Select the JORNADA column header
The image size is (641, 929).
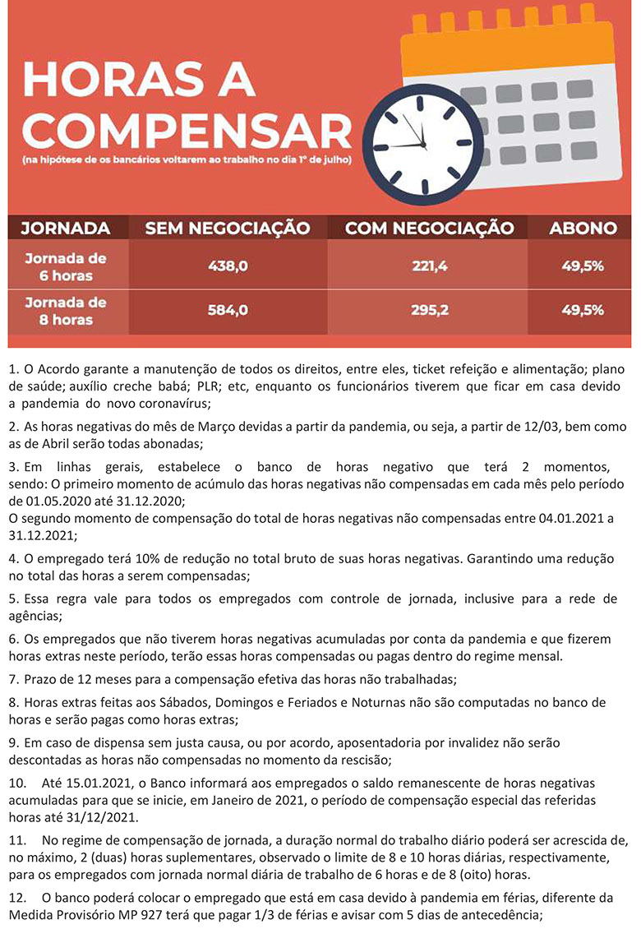pyautogui.click(x=66, y=228)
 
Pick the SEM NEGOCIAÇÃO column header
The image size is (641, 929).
pyautogui.click(x=228, y=228)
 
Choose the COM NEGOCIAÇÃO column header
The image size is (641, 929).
pyautogui.click(x=429, y=228)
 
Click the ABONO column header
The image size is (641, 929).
pyautogui.click(x=583, y=228)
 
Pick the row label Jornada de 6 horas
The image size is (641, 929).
pyautogui.click(x=66, y=266)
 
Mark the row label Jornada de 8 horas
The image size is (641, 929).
pyautogui.click(x=66, y=310)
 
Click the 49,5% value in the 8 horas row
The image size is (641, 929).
pyautogui.click(x=583, y=310)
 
